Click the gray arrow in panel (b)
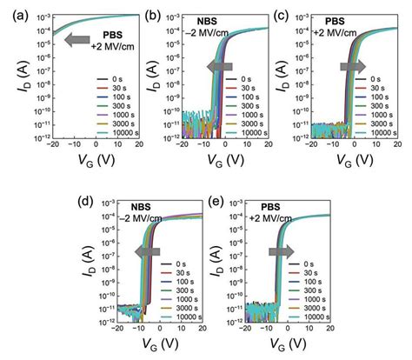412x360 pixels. coord(220,67)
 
